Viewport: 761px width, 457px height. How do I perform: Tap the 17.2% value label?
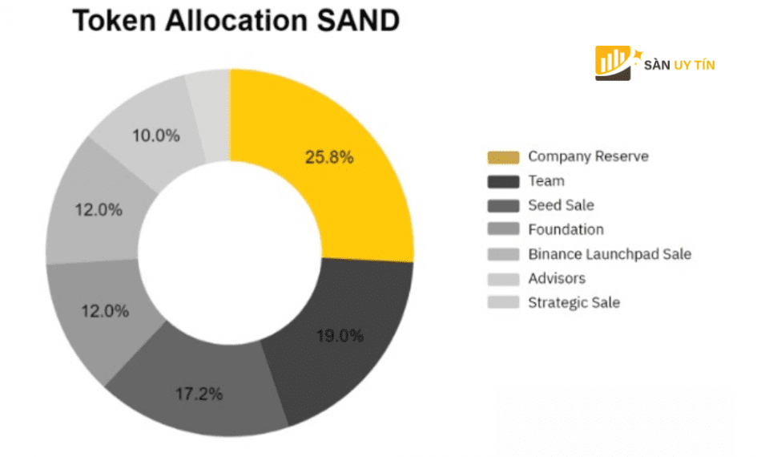(x=199, y=394)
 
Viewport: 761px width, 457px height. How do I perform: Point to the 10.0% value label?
(x=155, y=135)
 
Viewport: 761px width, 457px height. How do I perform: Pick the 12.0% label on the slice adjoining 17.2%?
(x=106, y=311)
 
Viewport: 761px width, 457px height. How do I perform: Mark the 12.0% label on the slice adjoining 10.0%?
(x=99, y=210)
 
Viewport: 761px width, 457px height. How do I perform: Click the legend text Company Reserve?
(x=588, y=156)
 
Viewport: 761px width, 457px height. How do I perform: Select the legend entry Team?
(x=546, y=181)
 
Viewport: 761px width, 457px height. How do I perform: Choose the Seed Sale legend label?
(x=561, y=205)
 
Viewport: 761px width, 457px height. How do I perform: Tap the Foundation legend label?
(x=566, y=229)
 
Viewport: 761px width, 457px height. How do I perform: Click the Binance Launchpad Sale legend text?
(x=609, y=254)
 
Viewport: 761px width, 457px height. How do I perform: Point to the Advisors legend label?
(x=557, y=278)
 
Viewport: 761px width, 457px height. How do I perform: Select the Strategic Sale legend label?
(x=574, y=302)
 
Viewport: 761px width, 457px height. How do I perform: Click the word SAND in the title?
(x=353, y=22)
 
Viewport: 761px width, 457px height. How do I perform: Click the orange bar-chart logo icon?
(x=614, y=63)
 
